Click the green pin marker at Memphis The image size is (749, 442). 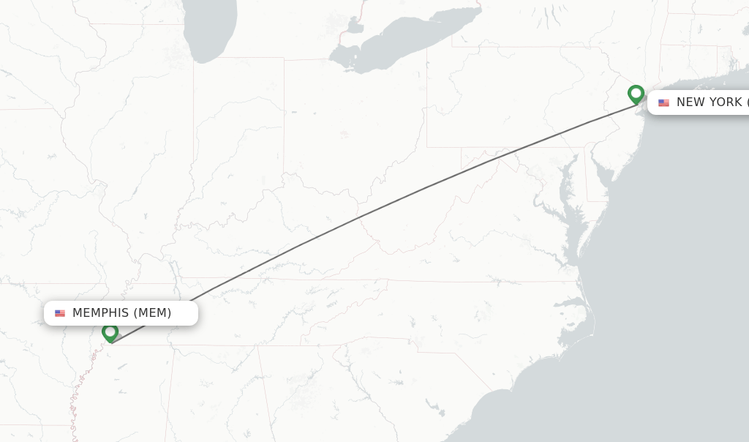110,332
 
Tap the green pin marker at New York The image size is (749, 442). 636,94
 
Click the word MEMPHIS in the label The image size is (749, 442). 100,313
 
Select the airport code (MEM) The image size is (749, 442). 153,313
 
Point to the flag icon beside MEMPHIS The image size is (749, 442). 60,313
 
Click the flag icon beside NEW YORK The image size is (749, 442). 663,103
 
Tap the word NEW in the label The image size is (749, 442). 689,102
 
